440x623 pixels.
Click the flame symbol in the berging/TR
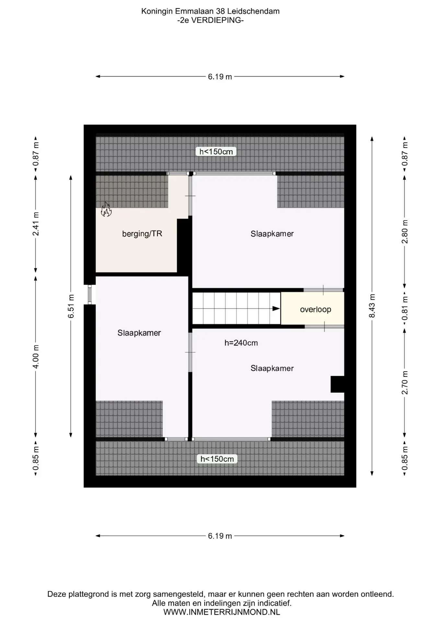[106, 209]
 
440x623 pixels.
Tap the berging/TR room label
[142, 234]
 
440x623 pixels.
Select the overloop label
[315, 309]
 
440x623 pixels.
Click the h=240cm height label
[241, 343]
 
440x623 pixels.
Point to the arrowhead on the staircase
[276, 309]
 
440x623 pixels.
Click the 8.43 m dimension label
[372, 306]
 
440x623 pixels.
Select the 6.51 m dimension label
[71, 306]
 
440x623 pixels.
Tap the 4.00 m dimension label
[36, 356]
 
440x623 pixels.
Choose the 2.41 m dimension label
[36, 224]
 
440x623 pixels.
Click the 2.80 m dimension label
[405, 231]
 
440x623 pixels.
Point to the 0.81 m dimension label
[405, 308]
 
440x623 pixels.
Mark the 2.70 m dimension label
[405, 382]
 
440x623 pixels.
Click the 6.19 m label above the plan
[220, 77]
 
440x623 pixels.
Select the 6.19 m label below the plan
[220, 536]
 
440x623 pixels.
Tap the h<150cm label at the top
[216, 152]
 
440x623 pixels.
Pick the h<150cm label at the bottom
[217, 459]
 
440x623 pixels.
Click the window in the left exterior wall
[90, 294]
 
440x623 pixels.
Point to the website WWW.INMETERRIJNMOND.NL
[222, 612]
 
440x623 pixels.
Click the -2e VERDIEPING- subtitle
[211, 20]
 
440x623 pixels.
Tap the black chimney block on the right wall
[337, 384]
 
